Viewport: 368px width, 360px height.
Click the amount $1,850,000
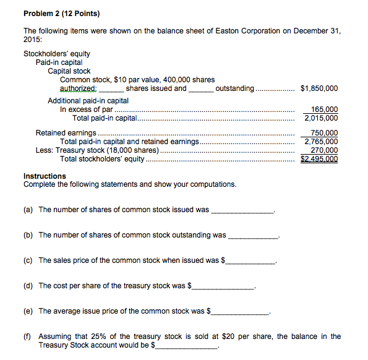point(319,88)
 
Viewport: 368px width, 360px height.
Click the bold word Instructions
point(45,176)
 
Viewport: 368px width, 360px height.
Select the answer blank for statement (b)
point(254,236)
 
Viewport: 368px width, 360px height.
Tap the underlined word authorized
point(77,88)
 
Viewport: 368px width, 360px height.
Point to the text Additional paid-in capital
point(88,101)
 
